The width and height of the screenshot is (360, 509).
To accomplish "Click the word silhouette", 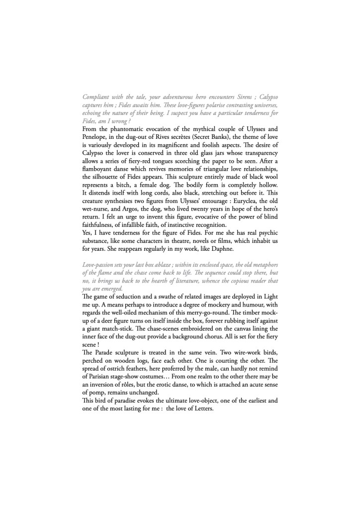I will pos(107,183).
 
